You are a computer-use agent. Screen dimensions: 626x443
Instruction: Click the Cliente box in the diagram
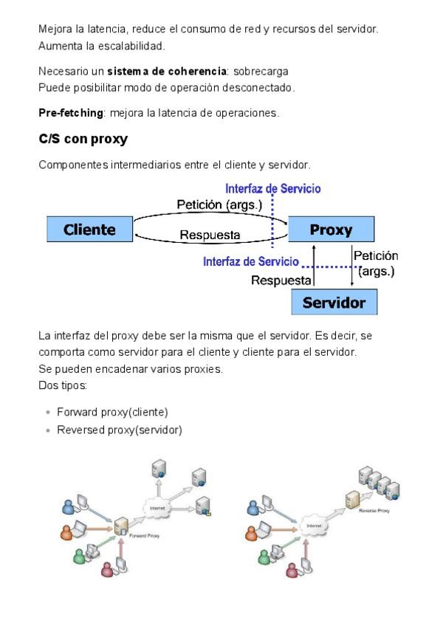[89, 230]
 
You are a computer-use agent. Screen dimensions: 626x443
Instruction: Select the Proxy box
[331, 230]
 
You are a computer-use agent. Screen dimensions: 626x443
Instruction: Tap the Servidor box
[334, 303]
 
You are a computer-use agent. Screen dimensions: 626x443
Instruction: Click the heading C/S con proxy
[83, 139]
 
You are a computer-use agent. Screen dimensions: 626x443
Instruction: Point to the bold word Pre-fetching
[71, 113]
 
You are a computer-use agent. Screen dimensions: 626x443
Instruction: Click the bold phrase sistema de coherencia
[167, 72]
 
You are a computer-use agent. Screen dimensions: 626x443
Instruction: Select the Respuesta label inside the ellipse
[210, 235]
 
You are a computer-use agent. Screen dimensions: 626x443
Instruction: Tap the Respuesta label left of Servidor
[281, 281]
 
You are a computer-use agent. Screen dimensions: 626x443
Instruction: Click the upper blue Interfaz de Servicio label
[273, 189]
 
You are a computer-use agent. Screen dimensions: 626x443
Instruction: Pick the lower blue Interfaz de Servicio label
[251, 261]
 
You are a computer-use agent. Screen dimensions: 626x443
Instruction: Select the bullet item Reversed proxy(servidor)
[119, 430]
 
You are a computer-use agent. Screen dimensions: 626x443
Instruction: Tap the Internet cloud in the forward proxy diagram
[157, 509]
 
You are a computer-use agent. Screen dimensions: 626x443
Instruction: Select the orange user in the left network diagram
[67, 531]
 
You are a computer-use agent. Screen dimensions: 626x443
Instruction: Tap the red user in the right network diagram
[293, 570]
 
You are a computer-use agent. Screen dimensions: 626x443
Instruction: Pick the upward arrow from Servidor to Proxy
[315, 266]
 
